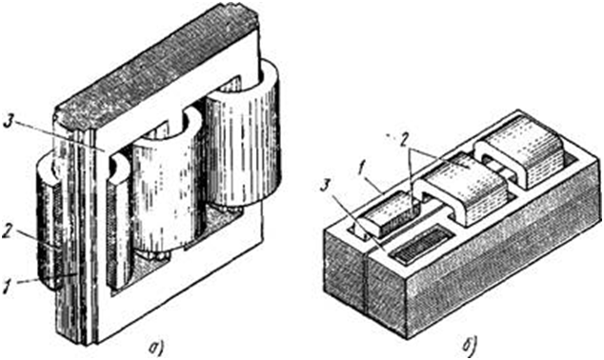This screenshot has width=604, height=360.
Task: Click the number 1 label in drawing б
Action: [x=361, y=170]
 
